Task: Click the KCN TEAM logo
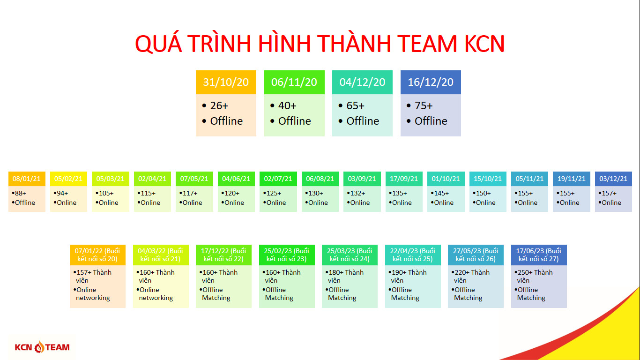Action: (x=42, y=347)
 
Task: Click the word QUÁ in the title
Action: (x=158, y=44)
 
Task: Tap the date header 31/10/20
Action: (x=226, y=82)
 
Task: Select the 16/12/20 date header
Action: (x=430, y=82)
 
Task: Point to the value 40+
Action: (x=287, y=105)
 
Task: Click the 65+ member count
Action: (x=356, y=105)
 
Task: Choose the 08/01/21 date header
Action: (x=27, y=179)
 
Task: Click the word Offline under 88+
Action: (x=25, y=202)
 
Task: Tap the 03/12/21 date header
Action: (x=613, y=179)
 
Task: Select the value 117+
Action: (x=190, y=193)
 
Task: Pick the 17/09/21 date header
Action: (x=404, y=179)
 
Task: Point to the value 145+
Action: (x=441, y=193)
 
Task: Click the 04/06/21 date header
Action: (x=236, y=179)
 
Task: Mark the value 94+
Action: (x=62, y=193)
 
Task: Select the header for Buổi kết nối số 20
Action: (x=97, y=255)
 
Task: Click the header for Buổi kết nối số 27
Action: (x=539, y=255)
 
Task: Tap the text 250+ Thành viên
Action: (x=535, y=276)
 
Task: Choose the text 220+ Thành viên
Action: (x=472, y=276)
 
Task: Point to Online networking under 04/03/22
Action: (x=156, y=293)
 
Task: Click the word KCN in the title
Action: (x=484, y=44)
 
